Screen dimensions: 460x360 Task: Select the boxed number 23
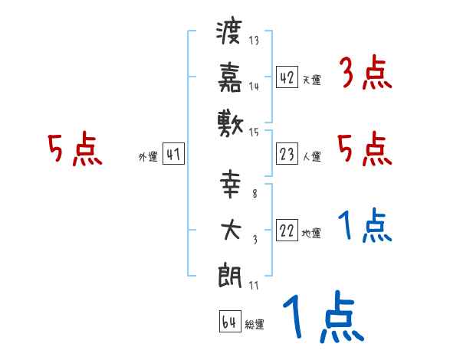(287, 155)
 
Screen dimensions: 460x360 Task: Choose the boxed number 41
(173, 155)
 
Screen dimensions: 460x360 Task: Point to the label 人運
(311, 157)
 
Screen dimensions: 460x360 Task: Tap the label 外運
(148, 158)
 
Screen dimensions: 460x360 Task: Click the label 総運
(254, 325)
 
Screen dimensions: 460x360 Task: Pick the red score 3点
(365, 74)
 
